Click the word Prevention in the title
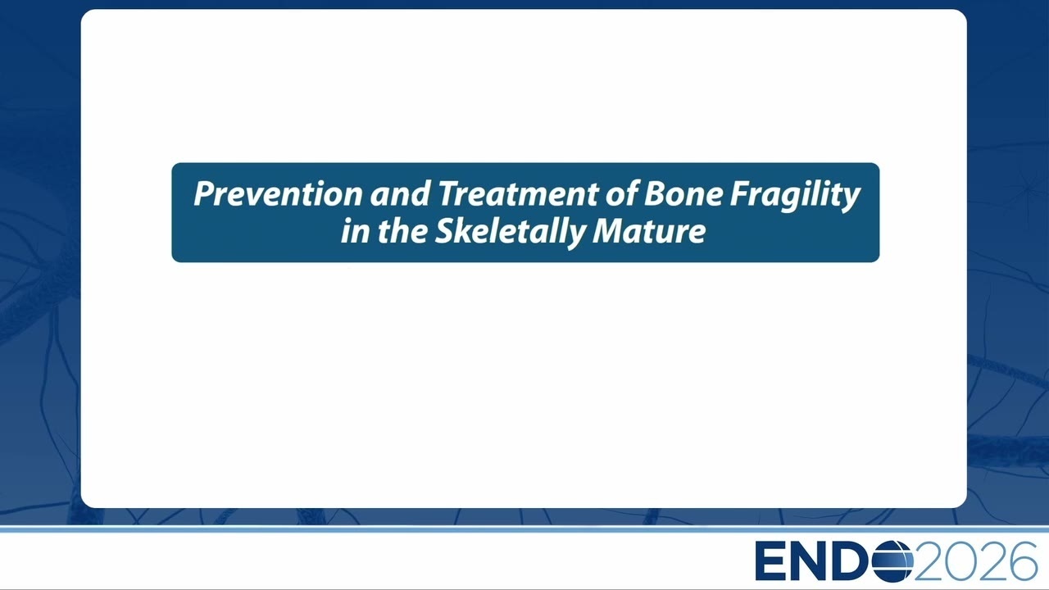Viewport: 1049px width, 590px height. tap(278, 193)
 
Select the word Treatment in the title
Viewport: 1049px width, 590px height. tap(518, 193)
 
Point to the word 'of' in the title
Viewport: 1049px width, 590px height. tap(621, 193)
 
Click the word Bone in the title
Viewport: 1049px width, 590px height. tap(683, 193)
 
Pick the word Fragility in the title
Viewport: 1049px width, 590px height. tap(795, 196)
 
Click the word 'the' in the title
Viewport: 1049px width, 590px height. tap(402, 231)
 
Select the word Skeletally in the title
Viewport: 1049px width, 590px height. tap(510, 233)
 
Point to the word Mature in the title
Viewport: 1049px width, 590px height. tap(649, 231)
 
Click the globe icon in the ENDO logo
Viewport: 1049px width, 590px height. tap(892, 560)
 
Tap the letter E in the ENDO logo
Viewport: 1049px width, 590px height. tap(769, 561)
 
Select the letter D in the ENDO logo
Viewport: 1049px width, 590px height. tap(848, 561)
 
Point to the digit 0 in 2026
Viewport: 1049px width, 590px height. tap(960, 561)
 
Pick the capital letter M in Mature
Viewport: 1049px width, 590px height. tap(609, 231)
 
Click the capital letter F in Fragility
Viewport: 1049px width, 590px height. tap(739, 193)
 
